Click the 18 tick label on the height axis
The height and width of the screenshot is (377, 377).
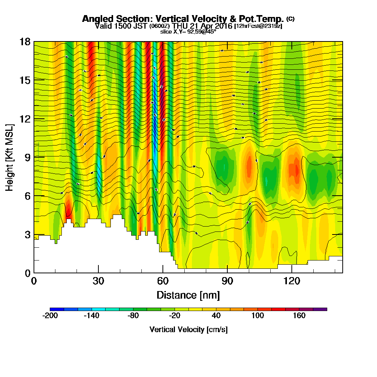[x=25, y=41]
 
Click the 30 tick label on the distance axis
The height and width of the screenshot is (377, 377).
[x=98, y=281]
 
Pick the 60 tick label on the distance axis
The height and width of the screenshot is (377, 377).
[x=162, y=281]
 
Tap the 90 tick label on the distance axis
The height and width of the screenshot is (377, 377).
[x=227, y=281]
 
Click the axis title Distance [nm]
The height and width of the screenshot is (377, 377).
[x=188, y=294]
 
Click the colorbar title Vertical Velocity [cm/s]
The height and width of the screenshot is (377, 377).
[x=188, y=329]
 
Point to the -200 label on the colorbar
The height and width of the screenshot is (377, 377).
[x=50, y=316]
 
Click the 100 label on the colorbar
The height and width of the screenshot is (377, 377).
[x=258, y=316]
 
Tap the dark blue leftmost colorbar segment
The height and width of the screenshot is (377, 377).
[x=57, y=309]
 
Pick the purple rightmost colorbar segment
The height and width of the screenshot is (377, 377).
[x=320, y=309]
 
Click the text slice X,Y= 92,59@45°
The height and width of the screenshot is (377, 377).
[x=188, y=32]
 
